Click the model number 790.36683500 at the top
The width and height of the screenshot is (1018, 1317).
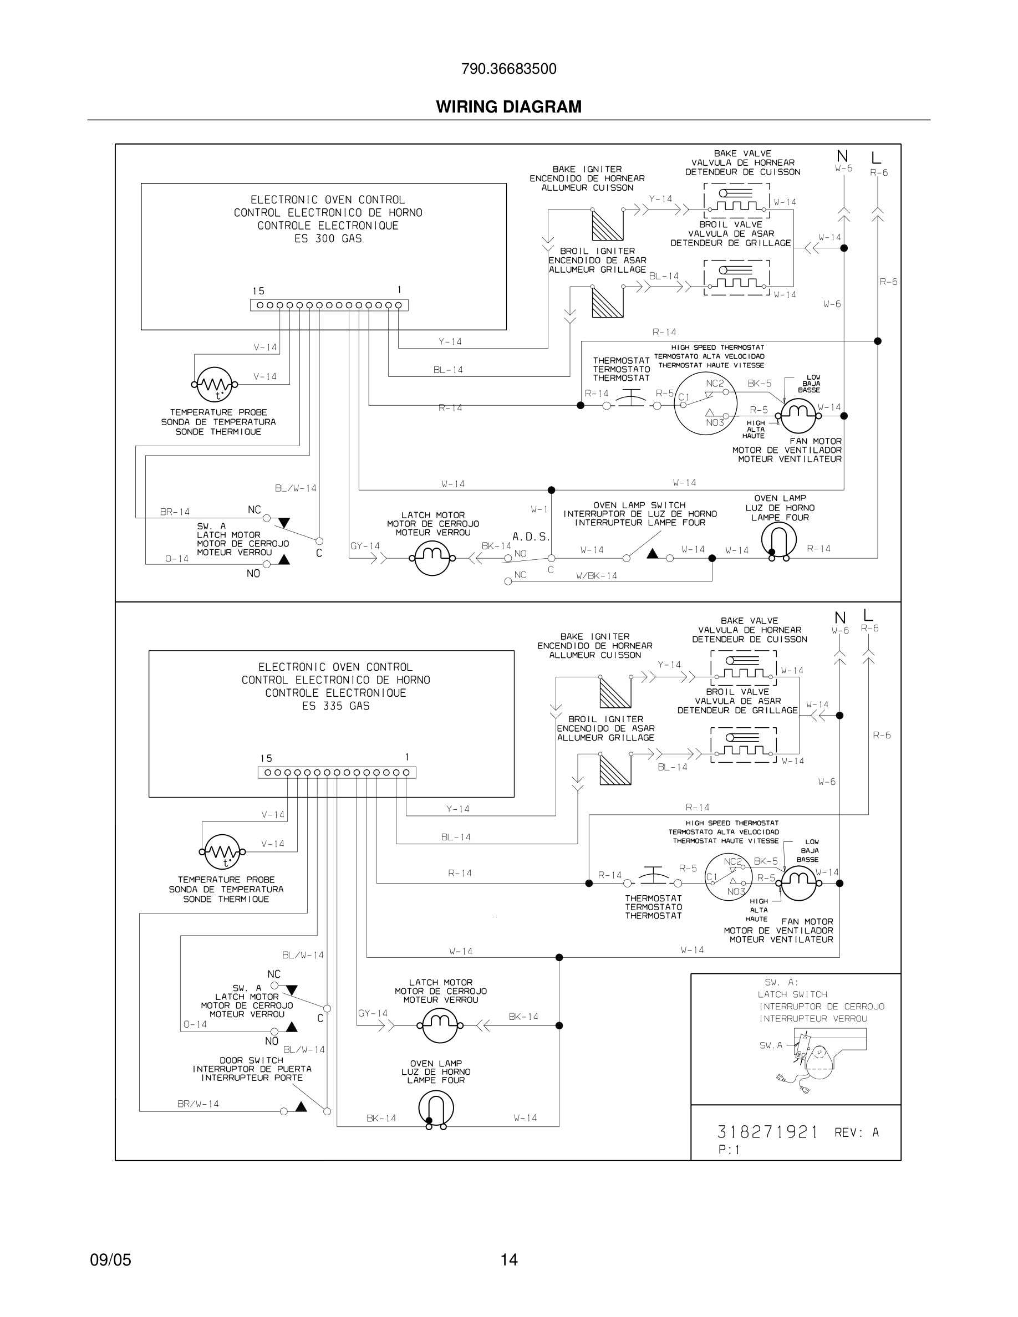pos(508,69)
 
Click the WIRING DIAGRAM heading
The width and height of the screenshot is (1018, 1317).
pos(508,107)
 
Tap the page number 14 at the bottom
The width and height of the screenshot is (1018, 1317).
pos(508,1260)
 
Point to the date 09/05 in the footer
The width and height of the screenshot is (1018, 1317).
pos(110,1260)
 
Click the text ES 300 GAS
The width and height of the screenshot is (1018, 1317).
pos(328,239)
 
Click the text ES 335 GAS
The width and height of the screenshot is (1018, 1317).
pos(335,706)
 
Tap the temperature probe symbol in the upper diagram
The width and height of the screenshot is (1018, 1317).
pos(215,384)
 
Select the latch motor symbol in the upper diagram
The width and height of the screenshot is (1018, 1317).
pos(432,558)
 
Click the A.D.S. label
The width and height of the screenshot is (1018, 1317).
pos(531,537)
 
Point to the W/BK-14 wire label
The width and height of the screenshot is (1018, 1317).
pos(597,576)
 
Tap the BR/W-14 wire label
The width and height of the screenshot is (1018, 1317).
pos(198,1104)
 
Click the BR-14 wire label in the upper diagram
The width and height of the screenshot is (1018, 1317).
pos(175,512)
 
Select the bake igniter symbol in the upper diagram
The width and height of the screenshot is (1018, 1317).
pos(607,225)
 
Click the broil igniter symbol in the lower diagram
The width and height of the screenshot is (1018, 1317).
pos(615,769)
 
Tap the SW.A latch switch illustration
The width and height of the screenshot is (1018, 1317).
pos(811,1055)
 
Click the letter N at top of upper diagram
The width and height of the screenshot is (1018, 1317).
pos(842,157)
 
